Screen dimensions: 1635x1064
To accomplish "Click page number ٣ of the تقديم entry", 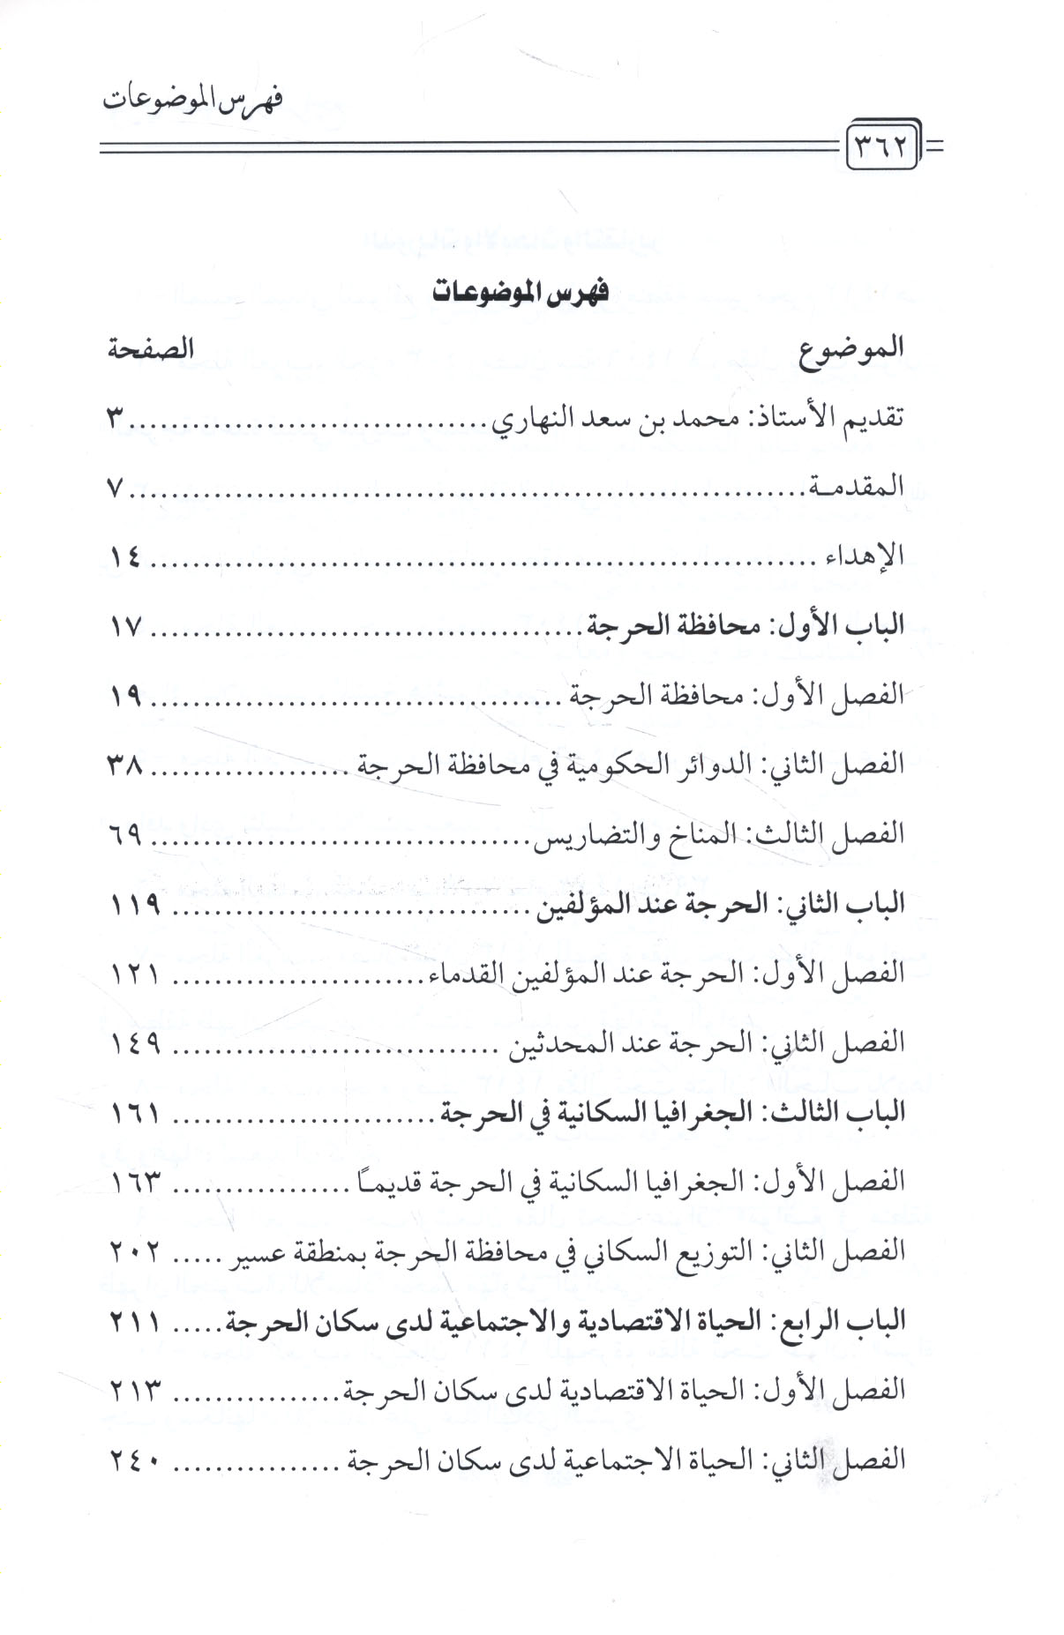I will coord(115,419).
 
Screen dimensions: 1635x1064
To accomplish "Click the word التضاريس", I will coord(577,834).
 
